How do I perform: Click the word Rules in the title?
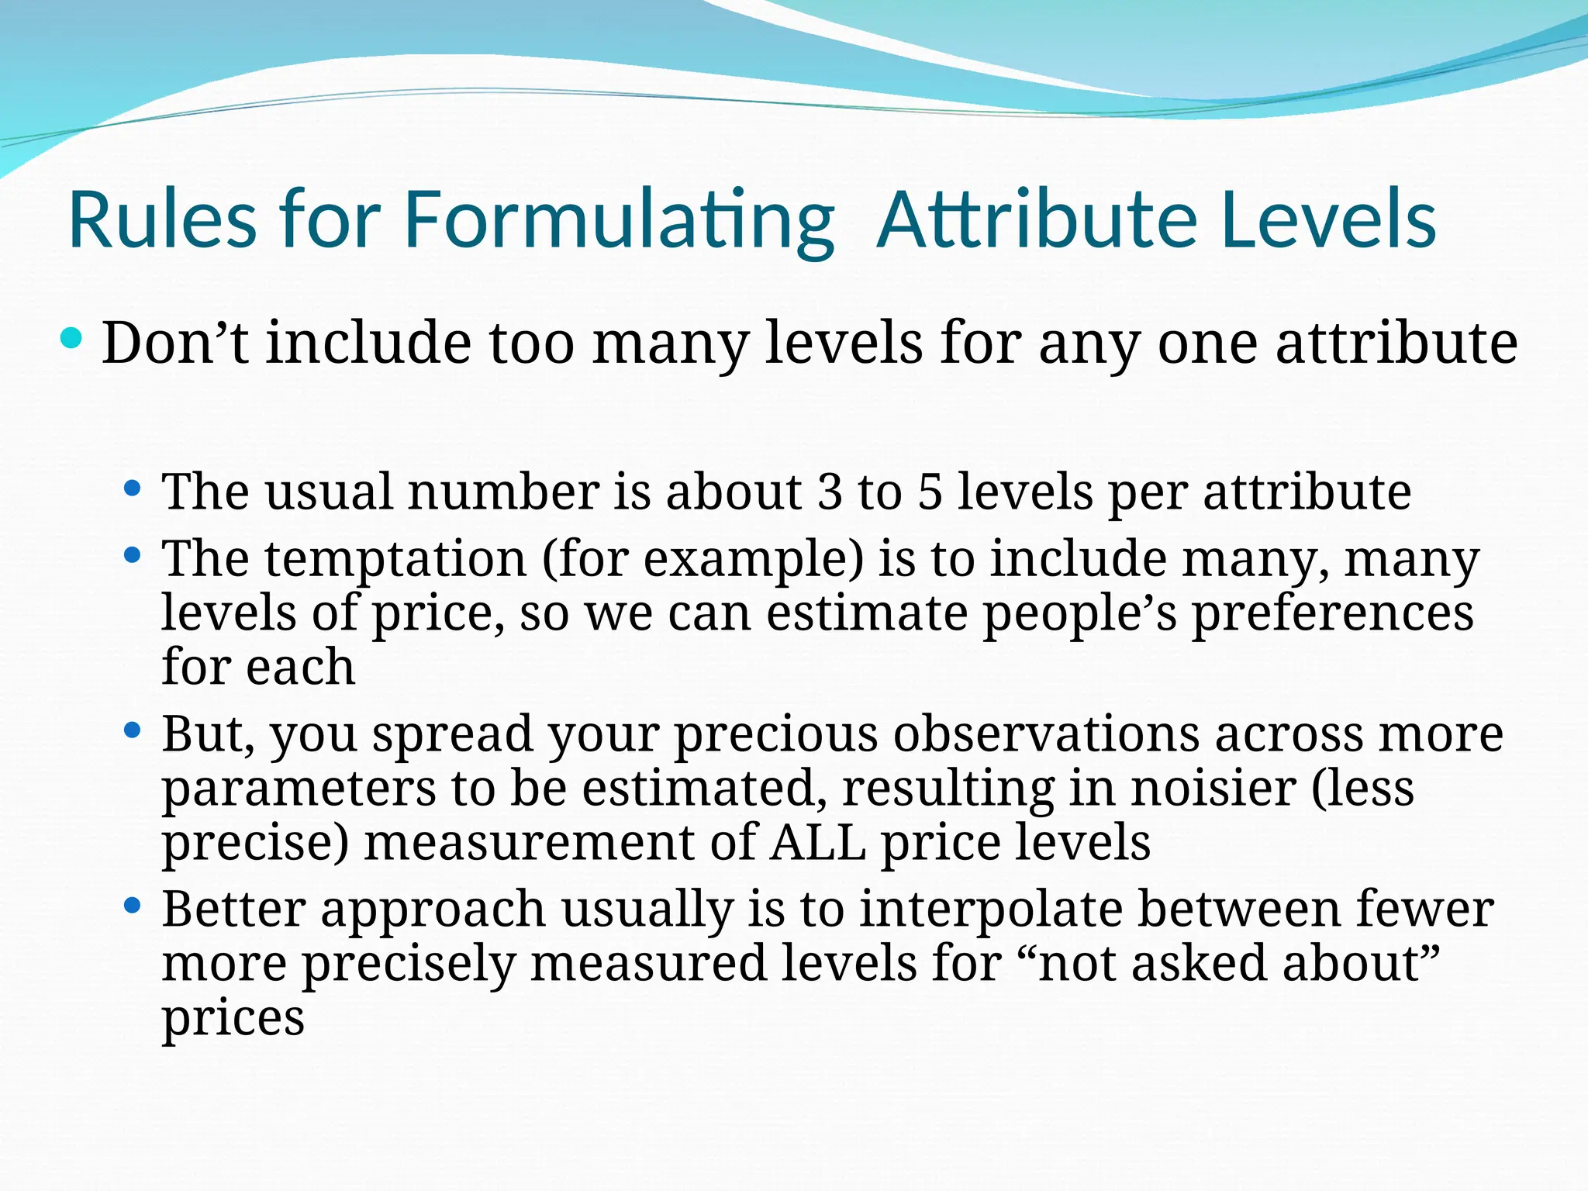click(162, 221)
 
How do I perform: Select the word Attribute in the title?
click(1036, 221)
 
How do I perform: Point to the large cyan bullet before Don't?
click(71, 339)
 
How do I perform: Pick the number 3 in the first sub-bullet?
click(830, 492)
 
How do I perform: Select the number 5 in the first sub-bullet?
click(930, 492)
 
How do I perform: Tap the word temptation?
click(395, 559)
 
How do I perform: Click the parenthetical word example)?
click(752, 559)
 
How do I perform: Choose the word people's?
click(1079, 613)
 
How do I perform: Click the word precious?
click(775, 734)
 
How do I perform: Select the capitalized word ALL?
click(817, 843)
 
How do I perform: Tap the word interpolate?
click(990, 909)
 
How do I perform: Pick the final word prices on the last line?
click(233, 1019)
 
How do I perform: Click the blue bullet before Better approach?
click(133, 905)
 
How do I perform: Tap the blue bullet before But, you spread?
click(133, 730)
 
